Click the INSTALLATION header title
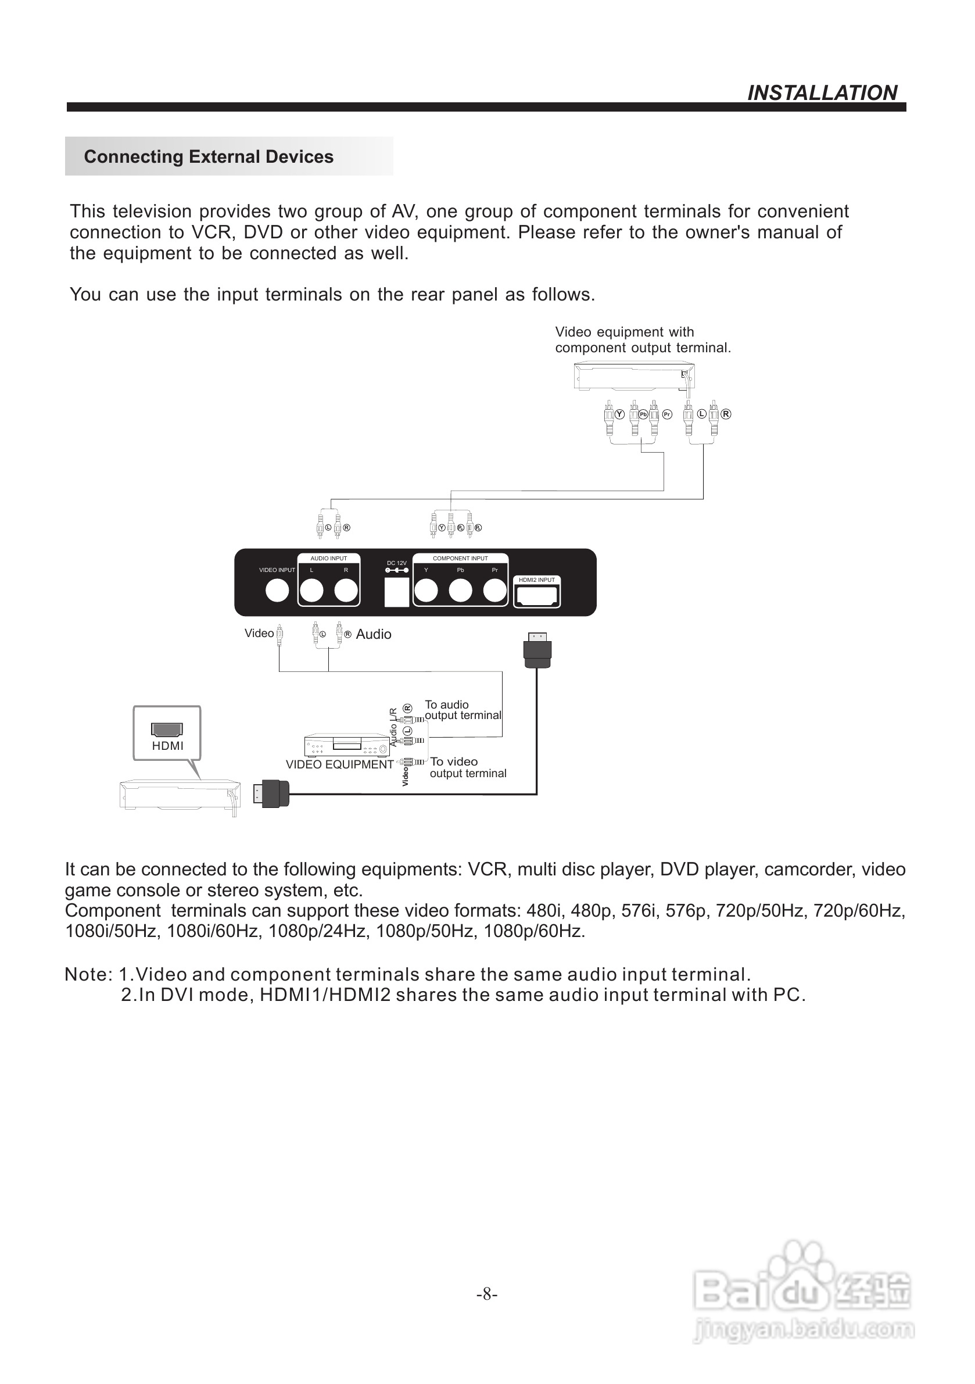click(822, 93)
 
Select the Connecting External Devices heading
click(209, 157)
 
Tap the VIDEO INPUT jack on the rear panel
click(277, 591)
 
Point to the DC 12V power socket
click(396, 592)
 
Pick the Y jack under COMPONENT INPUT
click(426, 591)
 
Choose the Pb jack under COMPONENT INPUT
click(460, 591)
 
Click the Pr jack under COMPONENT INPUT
click(494, 591)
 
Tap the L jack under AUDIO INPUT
click(311, 591)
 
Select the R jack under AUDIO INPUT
click(346, 591)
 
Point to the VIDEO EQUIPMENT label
click(339, 764)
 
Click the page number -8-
click(487, 1293)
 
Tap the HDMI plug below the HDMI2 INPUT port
click(537, 651)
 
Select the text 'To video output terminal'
click(468, 767)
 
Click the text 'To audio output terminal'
click(462, 710)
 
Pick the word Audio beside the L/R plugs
click(374, 634)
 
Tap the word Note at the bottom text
click(87, 974)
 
